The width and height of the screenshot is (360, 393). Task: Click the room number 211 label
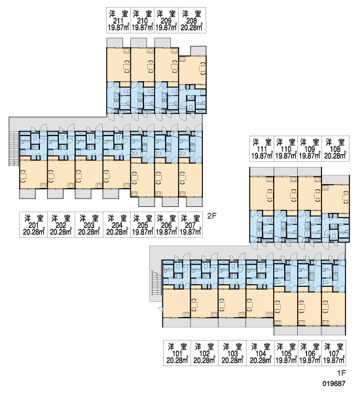coord(118,20)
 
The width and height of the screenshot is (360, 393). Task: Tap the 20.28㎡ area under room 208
coord(192,28)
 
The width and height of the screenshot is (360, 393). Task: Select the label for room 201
coord(33,225)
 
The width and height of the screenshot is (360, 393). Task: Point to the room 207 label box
coord(190,225)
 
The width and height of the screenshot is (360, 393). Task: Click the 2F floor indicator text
coord(211,216)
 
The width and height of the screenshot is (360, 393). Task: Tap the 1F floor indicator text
coord(341,373)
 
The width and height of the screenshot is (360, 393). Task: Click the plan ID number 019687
coord(334,383)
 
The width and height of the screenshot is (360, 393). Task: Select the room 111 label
coord(262,149)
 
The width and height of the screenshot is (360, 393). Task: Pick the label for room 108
coord(335,149)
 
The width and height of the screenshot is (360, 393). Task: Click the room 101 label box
coord(177,353)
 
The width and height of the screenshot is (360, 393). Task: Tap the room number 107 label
coord(334,353)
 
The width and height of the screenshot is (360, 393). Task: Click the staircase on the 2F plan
coord(14,149)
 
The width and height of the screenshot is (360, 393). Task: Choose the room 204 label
coord(117,225)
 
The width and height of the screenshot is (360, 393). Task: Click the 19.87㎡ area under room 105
coord(286,360)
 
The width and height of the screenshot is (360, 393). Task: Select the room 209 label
coord(166,20)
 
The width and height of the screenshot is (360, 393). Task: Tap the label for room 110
coord(286,149)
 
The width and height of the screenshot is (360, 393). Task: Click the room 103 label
coord(233,353)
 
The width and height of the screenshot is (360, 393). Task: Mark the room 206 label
coord(166,225)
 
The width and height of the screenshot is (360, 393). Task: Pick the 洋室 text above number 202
coord(61,218)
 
